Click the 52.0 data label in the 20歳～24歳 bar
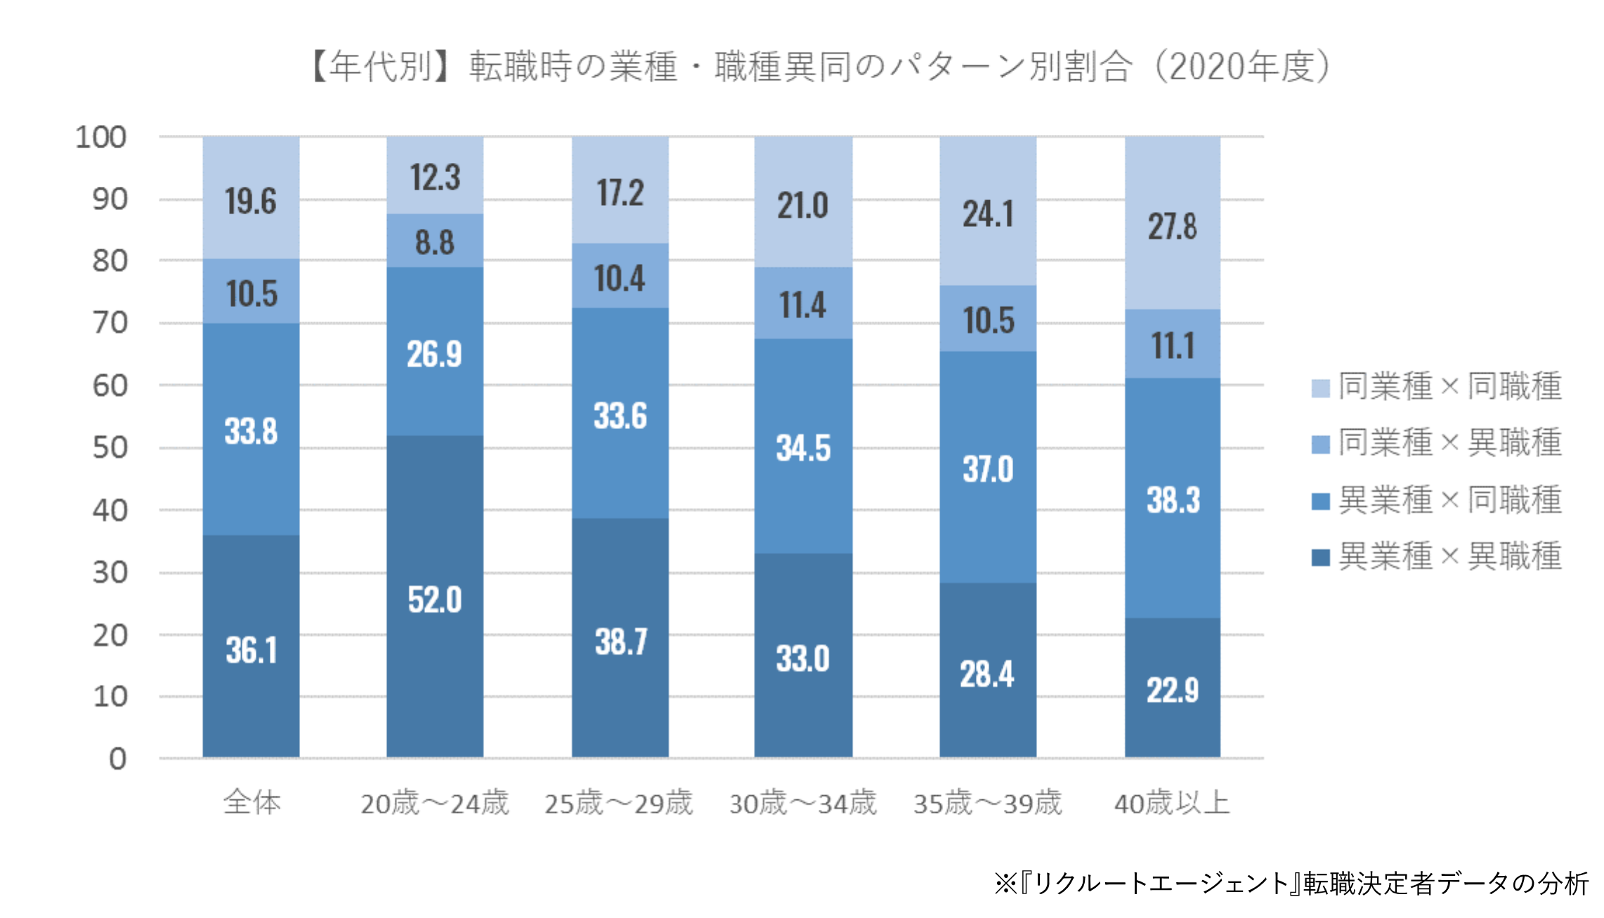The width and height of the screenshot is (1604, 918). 435,600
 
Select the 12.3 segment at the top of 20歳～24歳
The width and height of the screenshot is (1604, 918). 435,177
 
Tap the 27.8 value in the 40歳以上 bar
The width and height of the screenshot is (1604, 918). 1172,226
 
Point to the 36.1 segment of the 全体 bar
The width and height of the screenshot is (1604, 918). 251,650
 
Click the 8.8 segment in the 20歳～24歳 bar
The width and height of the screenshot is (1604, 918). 435,242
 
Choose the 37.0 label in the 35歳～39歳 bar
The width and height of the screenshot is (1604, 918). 988,468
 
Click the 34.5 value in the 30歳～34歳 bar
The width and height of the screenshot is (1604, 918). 803,447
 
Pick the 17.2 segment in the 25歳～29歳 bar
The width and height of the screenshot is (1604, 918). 620,192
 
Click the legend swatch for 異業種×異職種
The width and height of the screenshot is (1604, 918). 1321,558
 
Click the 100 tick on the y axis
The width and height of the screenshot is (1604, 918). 101,137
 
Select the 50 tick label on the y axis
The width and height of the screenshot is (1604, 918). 110,447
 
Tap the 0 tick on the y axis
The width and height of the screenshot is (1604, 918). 118,759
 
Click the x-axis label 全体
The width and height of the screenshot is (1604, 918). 252,802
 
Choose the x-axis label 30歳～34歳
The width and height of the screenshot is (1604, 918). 803,803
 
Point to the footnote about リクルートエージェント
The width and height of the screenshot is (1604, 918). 1291,884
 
